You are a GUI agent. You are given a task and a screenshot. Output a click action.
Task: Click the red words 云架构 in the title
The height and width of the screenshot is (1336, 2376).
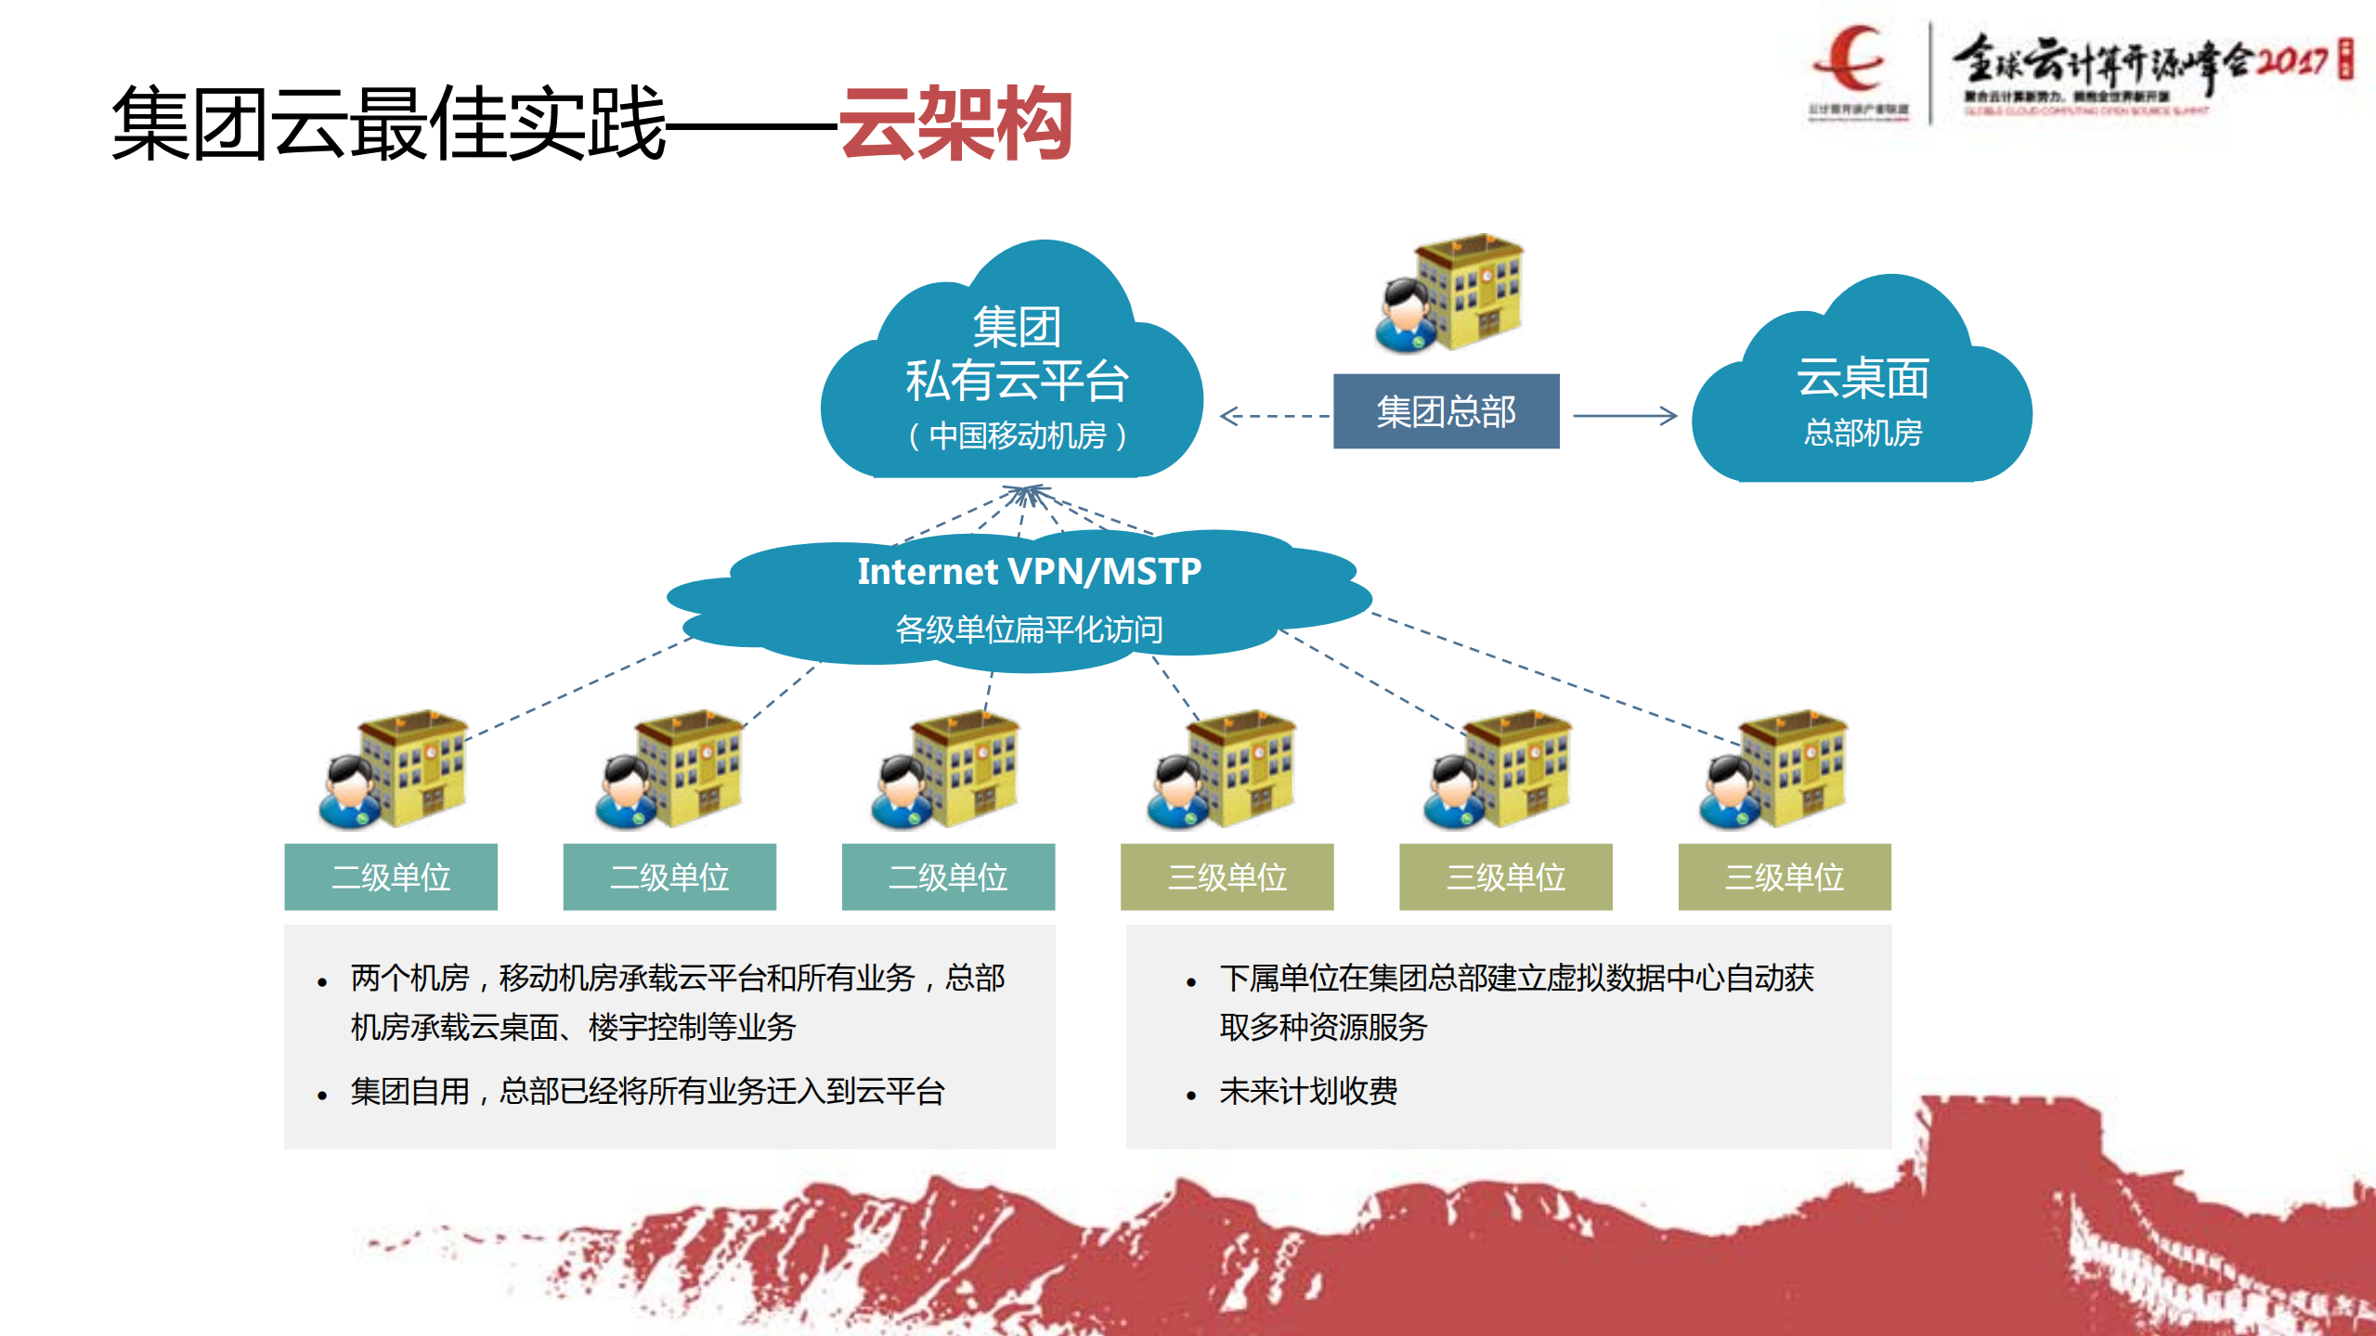[955, 124]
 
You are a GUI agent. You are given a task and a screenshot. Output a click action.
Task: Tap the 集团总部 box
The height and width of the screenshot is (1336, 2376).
[1446, 411]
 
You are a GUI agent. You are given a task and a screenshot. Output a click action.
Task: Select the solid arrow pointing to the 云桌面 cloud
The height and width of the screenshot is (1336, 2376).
[1625, 416]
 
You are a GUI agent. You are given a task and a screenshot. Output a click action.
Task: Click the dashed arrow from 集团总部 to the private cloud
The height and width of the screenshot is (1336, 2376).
[1275, 416]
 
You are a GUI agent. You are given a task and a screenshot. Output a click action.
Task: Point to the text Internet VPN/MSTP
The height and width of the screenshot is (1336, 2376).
[1029, 572]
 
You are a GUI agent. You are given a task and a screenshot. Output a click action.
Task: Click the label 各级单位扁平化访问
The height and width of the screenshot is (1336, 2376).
[1029, 629]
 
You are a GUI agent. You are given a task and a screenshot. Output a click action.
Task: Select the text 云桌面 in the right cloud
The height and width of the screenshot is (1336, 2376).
[1863, 379]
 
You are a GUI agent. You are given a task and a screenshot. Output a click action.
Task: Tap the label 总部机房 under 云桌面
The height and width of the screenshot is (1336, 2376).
[1863, 433]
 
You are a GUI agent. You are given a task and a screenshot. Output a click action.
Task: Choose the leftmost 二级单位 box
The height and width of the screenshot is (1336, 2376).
[391, 876]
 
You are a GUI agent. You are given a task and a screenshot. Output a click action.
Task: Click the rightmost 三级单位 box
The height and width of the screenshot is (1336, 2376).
[1784, 876]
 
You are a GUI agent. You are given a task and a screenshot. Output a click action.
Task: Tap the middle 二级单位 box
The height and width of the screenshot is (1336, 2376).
[669, 876]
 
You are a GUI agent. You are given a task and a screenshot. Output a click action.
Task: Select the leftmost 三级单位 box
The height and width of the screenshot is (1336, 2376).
[1227, 876]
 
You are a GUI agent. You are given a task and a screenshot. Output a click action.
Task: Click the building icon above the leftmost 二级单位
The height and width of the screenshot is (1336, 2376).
[395, 771]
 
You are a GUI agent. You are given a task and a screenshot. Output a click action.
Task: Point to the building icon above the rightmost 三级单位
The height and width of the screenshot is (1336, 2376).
[1775, 771]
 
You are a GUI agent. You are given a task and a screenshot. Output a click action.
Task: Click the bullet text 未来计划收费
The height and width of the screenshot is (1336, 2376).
[1308, 1092]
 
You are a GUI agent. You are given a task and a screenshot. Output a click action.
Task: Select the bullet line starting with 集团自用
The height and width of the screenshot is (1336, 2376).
[647, 1092]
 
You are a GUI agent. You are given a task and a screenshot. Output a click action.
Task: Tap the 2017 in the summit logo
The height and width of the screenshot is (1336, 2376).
[2291, 61]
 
